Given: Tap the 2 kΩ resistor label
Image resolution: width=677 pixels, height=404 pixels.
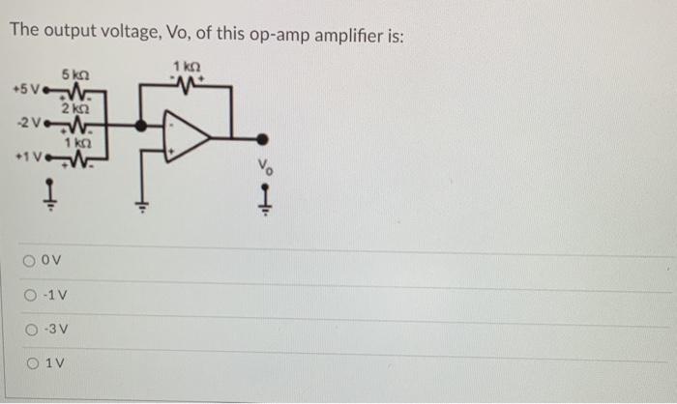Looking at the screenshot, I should [x=74, y=108].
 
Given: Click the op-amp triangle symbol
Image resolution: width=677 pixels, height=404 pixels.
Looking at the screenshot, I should [x=187, y=134].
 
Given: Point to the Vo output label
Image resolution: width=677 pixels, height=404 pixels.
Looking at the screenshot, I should [x=263, y=166].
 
